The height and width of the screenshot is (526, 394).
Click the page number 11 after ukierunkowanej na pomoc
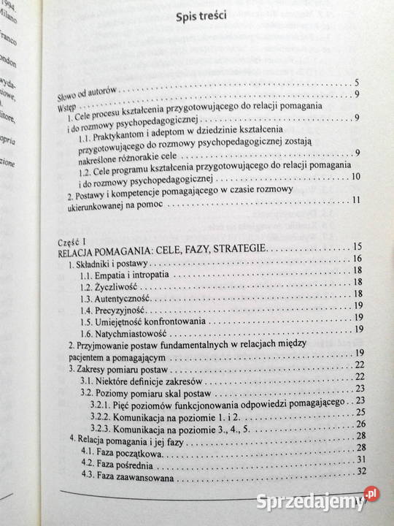coord(355,201)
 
